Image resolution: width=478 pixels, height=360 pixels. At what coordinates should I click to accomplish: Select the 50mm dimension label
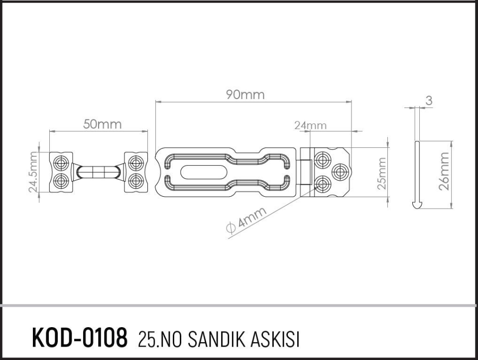tap(102, 124)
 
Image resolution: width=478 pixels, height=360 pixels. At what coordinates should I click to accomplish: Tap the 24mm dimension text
tap(310, 125)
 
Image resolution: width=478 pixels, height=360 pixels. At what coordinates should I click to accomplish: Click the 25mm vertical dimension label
tap(382, 173)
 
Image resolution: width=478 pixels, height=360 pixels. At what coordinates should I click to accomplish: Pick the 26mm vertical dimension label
tap(445, 171)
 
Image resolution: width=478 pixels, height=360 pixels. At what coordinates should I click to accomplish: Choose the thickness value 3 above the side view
tap(429, 101)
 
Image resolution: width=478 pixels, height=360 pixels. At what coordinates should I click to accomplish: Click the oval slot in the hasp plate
tap(200, 172)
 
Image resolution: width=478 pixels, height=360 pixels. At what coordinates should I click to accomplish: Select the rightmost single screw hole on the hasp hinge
tap(340, 172)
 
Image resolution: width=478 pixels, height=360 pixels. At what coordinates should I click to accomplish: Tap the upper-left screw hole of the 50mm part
tap(62, 162)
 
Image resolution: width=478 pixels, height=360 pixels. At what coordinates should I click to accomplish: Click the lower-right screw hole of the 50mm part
tap(135, 180)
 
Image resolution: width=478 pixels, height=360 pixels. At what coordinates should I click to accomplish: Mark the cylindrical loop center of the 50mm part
tap(98, 172)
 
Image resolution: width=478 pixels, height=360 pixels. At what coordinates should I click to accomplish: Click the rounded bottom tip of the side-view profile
tap(417, 204)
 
